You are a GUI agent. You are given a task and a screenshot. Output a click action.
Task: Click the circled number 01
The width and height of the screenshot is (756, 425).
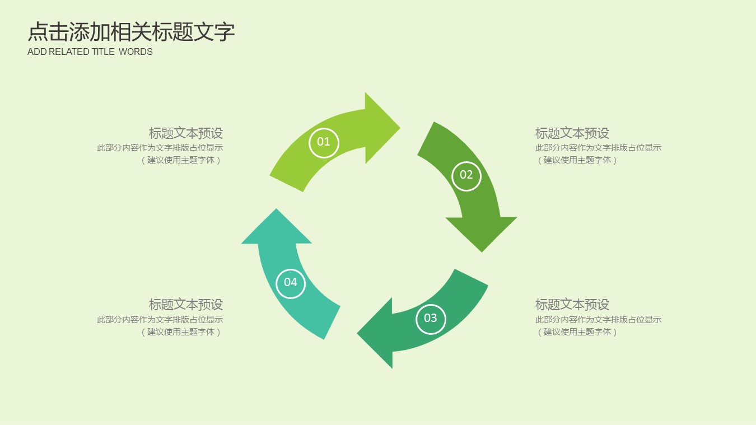click(324, 142)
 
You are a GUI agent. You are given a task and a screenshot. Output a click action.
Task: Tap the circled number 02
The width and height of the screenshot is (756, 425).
click(466, 175)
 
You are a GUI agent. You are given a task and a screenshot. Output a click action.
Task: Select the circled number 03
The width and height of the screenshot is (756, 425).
click(430, 319)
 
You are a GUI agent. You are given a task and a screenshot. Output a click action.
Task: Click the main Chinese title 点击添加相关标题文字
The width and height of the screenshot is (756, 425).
click(131, 32)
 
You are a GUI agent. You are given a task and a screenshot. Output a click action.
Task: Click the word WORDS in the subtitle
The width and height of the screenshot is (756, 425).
click(136, 52)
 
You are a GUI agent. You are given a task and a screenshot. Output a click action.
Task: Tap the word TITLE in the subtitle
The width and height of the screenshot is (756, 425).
click(103, 52)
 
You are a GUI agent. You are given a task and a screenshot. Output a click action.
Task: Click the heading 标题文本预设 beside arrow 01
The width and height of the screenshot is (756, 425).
click(186, 133)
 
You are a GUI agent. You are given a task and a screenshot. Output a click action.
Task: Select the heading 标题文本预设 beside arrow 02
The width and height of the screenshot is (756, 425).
click(572, 133)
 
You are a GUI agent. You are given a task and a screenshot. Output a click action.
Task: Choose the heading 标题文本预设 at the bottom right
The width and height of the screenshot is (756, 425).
click(572, 305)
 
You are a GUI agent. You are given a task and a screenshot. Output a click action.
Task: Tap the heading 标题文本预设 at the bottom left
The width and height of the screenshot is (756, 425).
click(186, 305)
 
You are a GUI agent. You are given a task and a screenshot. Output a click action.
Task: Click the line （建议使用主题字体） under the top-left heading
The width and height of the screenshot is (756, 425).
click(181, 160)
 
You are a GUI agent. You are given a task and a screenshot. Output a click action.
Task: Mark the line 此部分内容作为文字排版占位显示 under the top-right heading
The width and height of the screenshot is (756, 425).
click(598, 148)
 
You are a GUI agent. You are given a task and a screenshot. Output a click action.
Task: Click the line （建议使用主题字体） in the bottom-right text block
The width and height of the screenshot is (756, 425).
click(577, 332)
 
